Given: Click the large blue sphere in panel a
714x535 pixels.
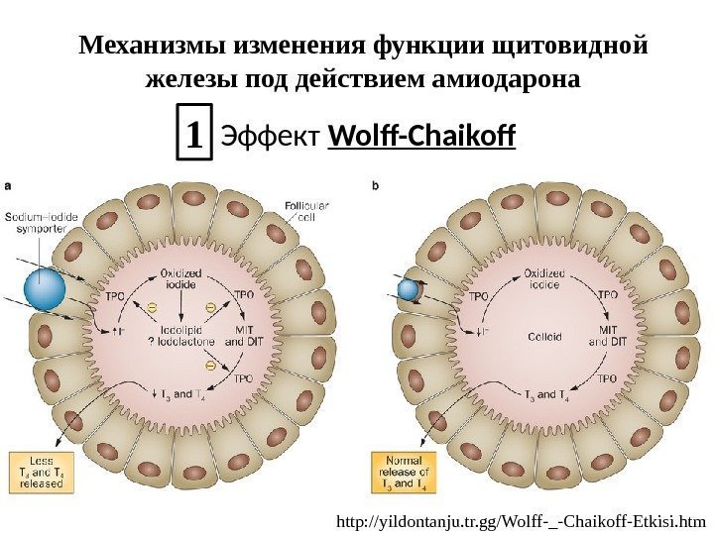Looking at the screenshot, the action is [x=43, y=288].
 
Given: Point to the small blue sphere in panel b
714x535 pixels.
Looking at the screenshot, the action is [x=409, y=288].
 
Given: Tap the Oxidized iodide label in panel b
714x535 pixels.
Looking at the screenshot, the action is [x=544, y=276].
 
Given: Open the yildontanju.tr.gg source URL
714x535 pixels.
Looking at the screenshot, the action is [x=521, y=518].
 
